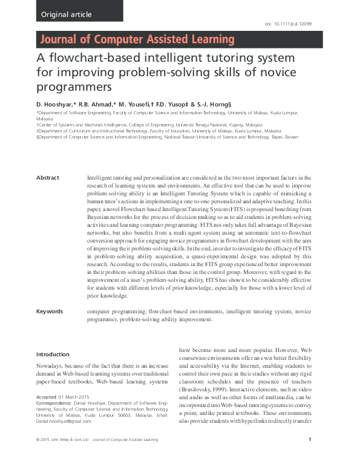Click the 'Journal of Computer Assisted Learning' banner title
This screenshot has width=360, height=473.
(x=137, y=40)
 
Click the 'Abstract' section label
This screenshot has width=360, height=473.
(x=48, y=177)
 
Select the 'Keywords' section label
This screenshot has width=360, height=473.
(x=50, y=311)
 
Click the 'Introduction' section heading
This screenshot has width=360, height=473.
(x=53, y=354)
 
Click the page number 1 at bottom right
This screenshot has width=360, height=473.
(x=310, y=457)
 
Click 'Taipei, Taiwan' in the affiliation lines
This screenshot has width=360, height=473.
(x=284, y=137)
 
